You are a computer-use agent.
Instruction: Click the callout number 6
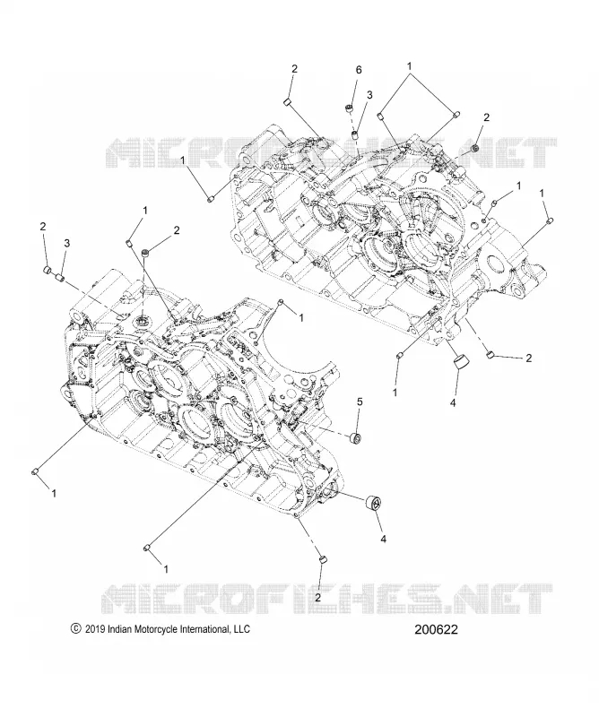coord(359,70)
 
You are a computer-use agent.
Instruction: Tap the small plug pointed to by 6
coord(350,108)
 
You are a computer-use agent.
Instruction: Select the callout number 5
coord(360,402)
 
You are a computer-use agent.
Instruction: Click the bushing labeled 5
coord(355,437)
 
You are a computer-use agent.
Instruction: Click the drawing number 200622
coord(436,630)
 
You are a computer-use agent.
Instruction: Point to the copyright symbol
coord(75,629)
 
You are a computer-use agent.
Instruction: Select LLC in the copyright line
coord(242,629)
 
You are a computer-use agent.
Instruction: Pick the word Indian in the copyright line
coord(119,629)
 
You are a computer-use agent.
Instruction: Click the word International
coord(202,629)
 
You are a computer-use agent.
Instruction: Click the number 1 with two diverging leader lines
coord(410,65)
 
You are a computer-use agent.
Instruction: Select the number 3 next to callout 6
coord(369,95)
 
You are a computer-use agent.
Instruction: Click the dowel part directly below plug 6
coord(353,134)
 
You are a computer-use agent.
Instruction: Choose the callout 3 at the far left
coord(67,243)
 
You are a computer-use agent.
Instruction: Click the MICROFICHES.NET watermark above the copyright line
coord(326,597)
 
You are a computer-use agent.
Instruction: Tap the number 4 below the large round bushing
coord(384,540)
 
